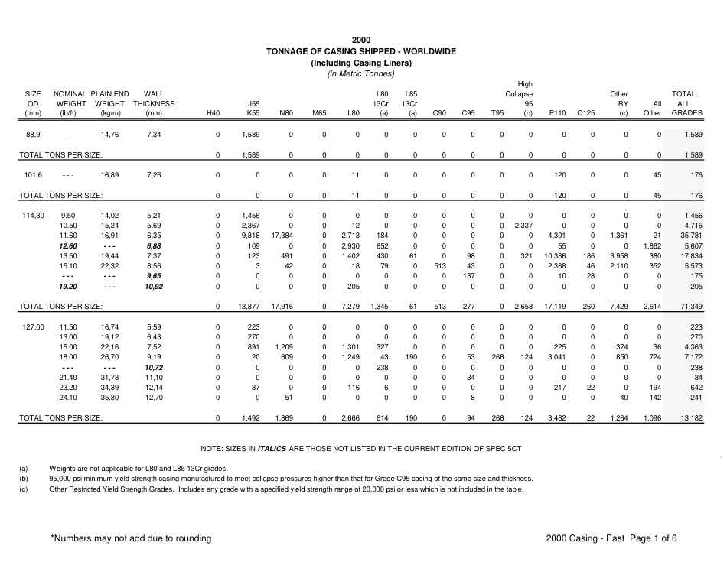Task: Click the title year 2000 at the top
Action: coord(361,40)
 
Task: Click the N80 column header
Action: coord(285,113)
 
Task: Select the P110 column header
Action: coord(557,113)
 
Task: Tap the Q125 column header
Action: coord(585,113)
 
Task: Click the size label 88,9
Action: coord(33,135)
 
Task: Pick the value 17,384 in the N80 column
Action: coord(282,236)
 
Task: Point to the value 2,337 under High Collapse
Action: coord(523,226)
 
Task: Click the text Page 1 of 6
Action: coord(654,538)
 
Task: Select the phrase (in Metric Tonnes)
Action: coord(361,73)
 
